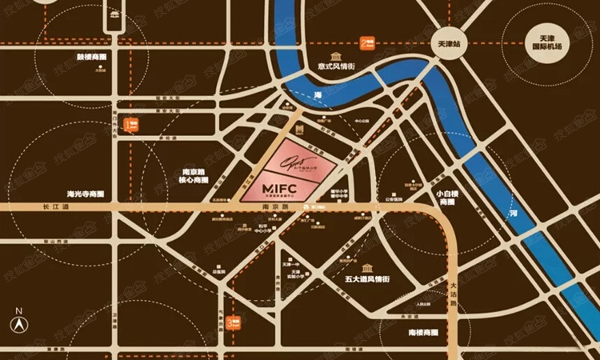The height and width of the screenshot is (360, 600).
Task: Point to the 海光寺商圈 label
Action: (x=86, y=194)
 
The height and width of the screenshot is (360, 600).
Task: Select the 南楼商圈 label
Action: (x=422, y=330)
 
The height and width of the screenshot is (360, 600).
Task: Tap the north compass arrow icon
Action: (x=18, y=322)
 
